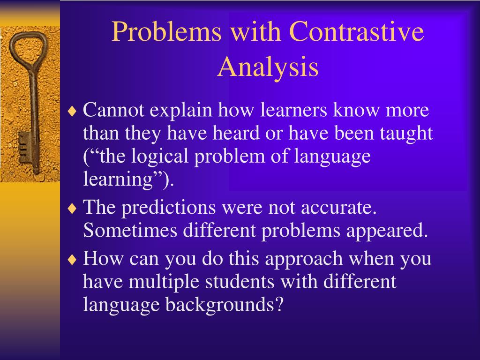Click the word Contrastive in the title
tap(356, 31)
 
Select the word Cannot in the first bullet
tap(113, 110)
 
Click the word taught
tap(406, 133)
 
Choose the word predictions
tap(169, 208)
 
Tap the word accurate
tap(338, 208)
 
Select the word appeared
tap(387, 231)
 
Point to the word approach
tap(304, 259)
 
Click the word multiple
tap(164, 282)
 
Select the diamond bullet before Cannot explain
tap(72, 111)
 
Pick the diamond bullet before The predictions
tap(72, 209)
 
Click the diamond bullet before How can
tap(72, 260)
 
